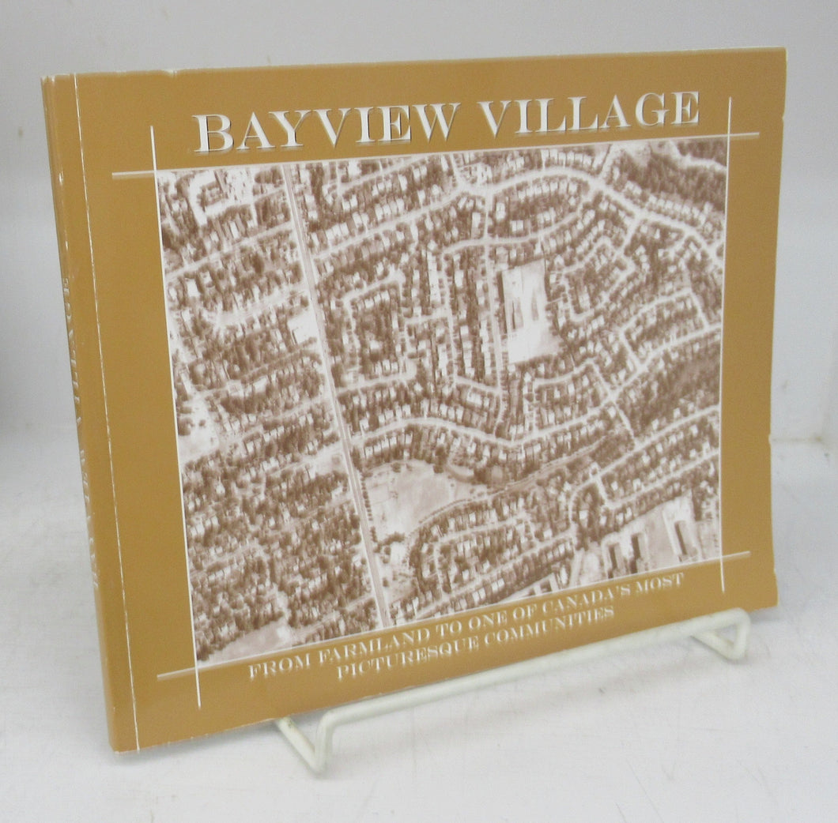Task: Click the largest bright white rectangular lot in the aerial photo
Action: coord(528,312)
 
